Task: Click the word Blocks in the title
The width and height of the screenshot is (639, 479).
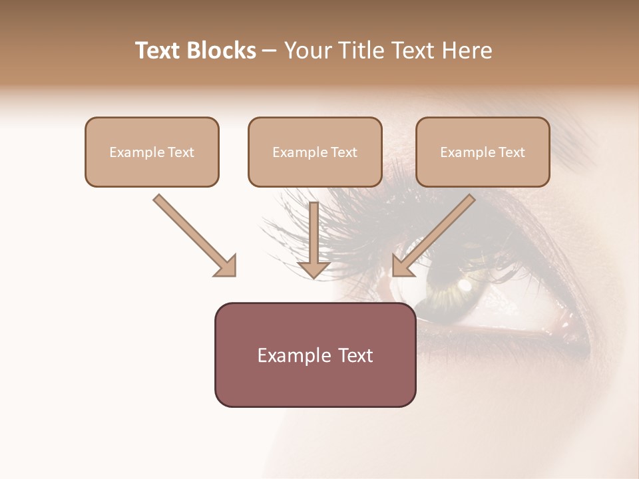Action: pos(221,51)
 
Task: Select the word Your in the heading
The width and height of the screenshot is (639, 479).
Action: pos(305,51)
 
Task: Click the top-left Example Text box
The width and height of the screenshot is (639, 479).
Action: pos(152,152)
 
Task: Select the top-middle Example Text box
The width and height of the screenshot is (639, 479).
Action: pos(315,152)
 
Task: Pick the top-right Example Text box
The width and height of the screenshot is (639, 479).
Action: pos(483,152)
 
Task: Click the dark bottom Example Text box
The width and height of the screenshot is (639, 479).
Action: pos(315,355)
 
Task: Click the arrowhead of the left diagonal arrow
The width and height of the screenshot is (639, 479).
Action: pos(226,266)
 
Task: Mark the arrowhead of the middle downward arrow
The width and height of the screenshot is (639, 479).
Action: pos(314,267)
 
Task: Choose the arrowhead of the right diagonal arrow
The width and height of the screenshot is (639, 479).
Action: pos(402,266)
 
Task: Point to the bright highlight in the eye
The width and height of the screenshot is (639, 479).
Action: pos(465,286)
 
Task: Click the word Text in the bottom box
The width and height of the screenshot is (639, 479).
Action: pos(353,355)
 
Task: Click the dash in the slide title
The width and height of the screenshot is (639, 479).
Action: pos(270,51)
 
